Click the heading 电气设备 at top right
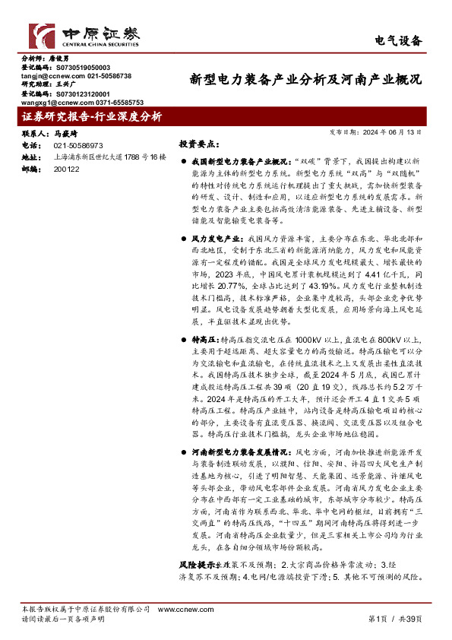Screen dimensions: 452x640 coord(399,40)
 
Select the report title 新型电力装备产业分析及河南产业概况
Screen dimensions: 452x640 coord(305,78)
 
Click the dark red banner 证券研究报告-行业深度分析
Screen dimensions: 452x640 coord(92,116)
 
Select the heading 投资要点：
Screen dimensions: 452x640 coord(200,144)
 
